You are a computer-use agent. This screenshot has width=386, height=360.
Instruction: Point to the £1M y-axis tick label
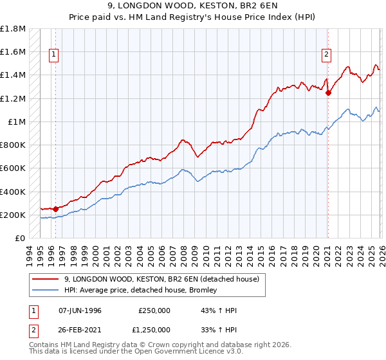pyautogui.click(x=16, y=122)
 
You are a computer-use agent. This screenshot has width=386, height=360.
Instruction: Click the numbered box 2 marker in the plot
pyautogui.click(x=327, y=55)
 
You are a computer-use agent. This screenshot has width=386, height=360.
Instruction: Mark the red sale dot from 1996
pyautogui.click(x=56, y=208)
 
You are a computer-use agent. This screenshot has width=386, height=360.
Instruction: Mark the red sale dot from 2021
pyautogui.click(x=328, y=93)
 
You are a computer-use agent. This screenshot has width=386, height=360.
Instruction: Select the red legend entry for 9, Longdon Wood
pyautogui.click(x=161, y=279)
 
